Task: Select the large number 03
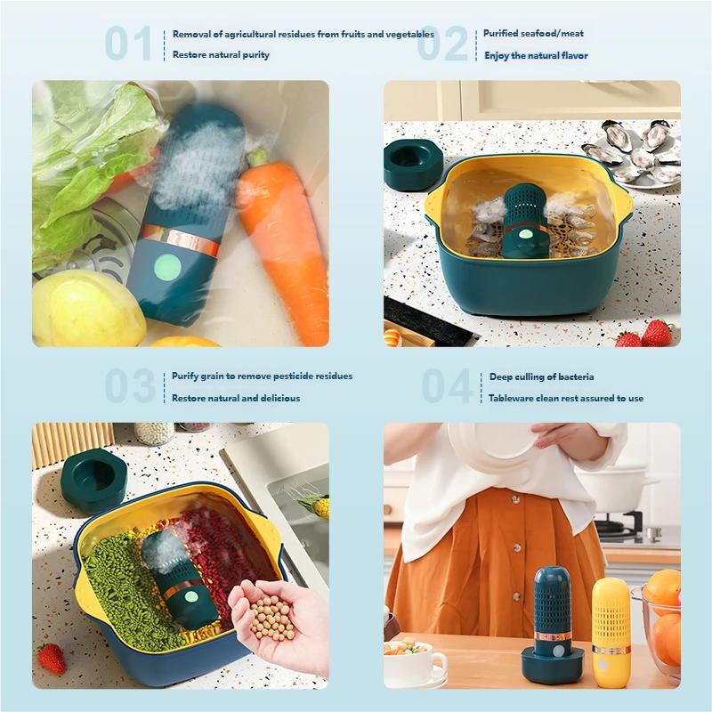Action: [x=129, y=386]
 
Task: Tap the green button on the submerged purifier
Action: [x=166, y=266]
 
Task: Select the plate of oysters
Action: [x=636, y=153]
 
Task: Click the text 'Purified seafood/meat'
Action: [x=533, y=34]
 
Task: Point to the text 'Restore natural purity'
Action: [x=221, y=55]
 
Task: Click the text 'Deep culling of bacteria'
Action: [x=541, y=376]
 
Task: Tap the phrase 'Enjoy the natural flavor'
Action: [x=536, y=55]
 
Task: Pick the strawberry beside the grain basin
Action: [x=52, y=659]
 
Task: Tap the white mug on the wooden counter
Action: [x=417, y=662]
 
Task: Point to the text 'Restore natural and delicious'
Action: [x=236, y=398]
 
